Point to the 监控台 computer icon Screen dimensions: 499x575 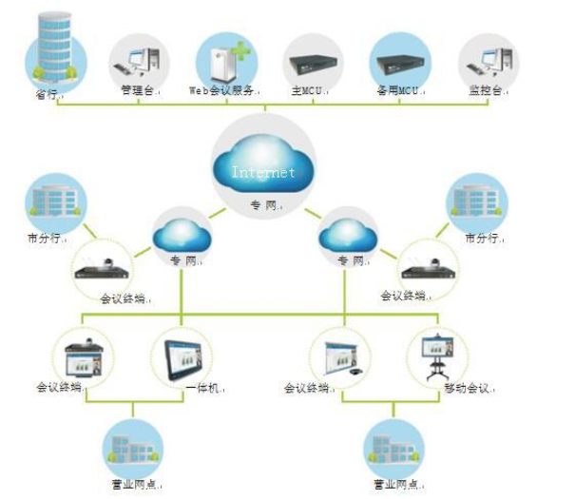[x=488, y=59]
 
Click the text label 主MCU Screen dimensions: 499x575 [x=305, y=91]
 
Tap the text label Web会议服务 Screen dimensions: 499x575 [x=222, y=91]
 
